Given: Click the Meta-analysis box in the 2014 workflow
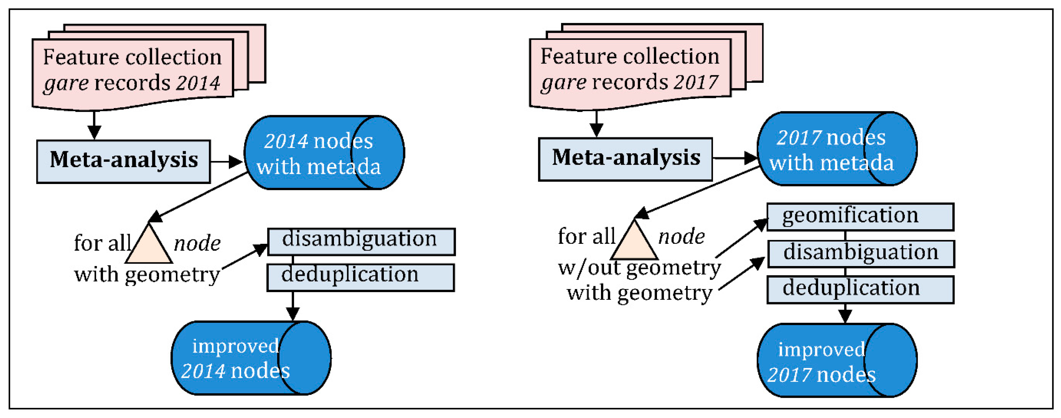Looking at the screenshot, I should pos(124,161).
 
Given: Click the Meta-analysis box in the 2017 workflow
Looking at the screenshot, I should pos(625,159).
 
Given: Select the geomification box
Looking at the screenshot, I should pos(860,216).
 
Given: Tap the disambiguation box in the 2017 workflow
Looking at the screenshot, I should pos(861,253).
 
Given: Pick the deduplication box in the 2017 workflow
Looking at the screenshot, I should pos(860,289).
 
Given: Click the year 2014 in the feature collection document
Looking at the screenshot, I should pos(198,83).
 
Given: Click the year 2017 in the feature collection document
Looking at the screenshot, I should pos(696,82).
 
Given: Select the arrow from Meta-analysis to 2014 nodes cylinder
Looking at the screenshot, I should pos(226,161).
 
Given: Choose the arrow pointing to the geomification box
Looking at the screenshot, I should pos(741,238).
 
